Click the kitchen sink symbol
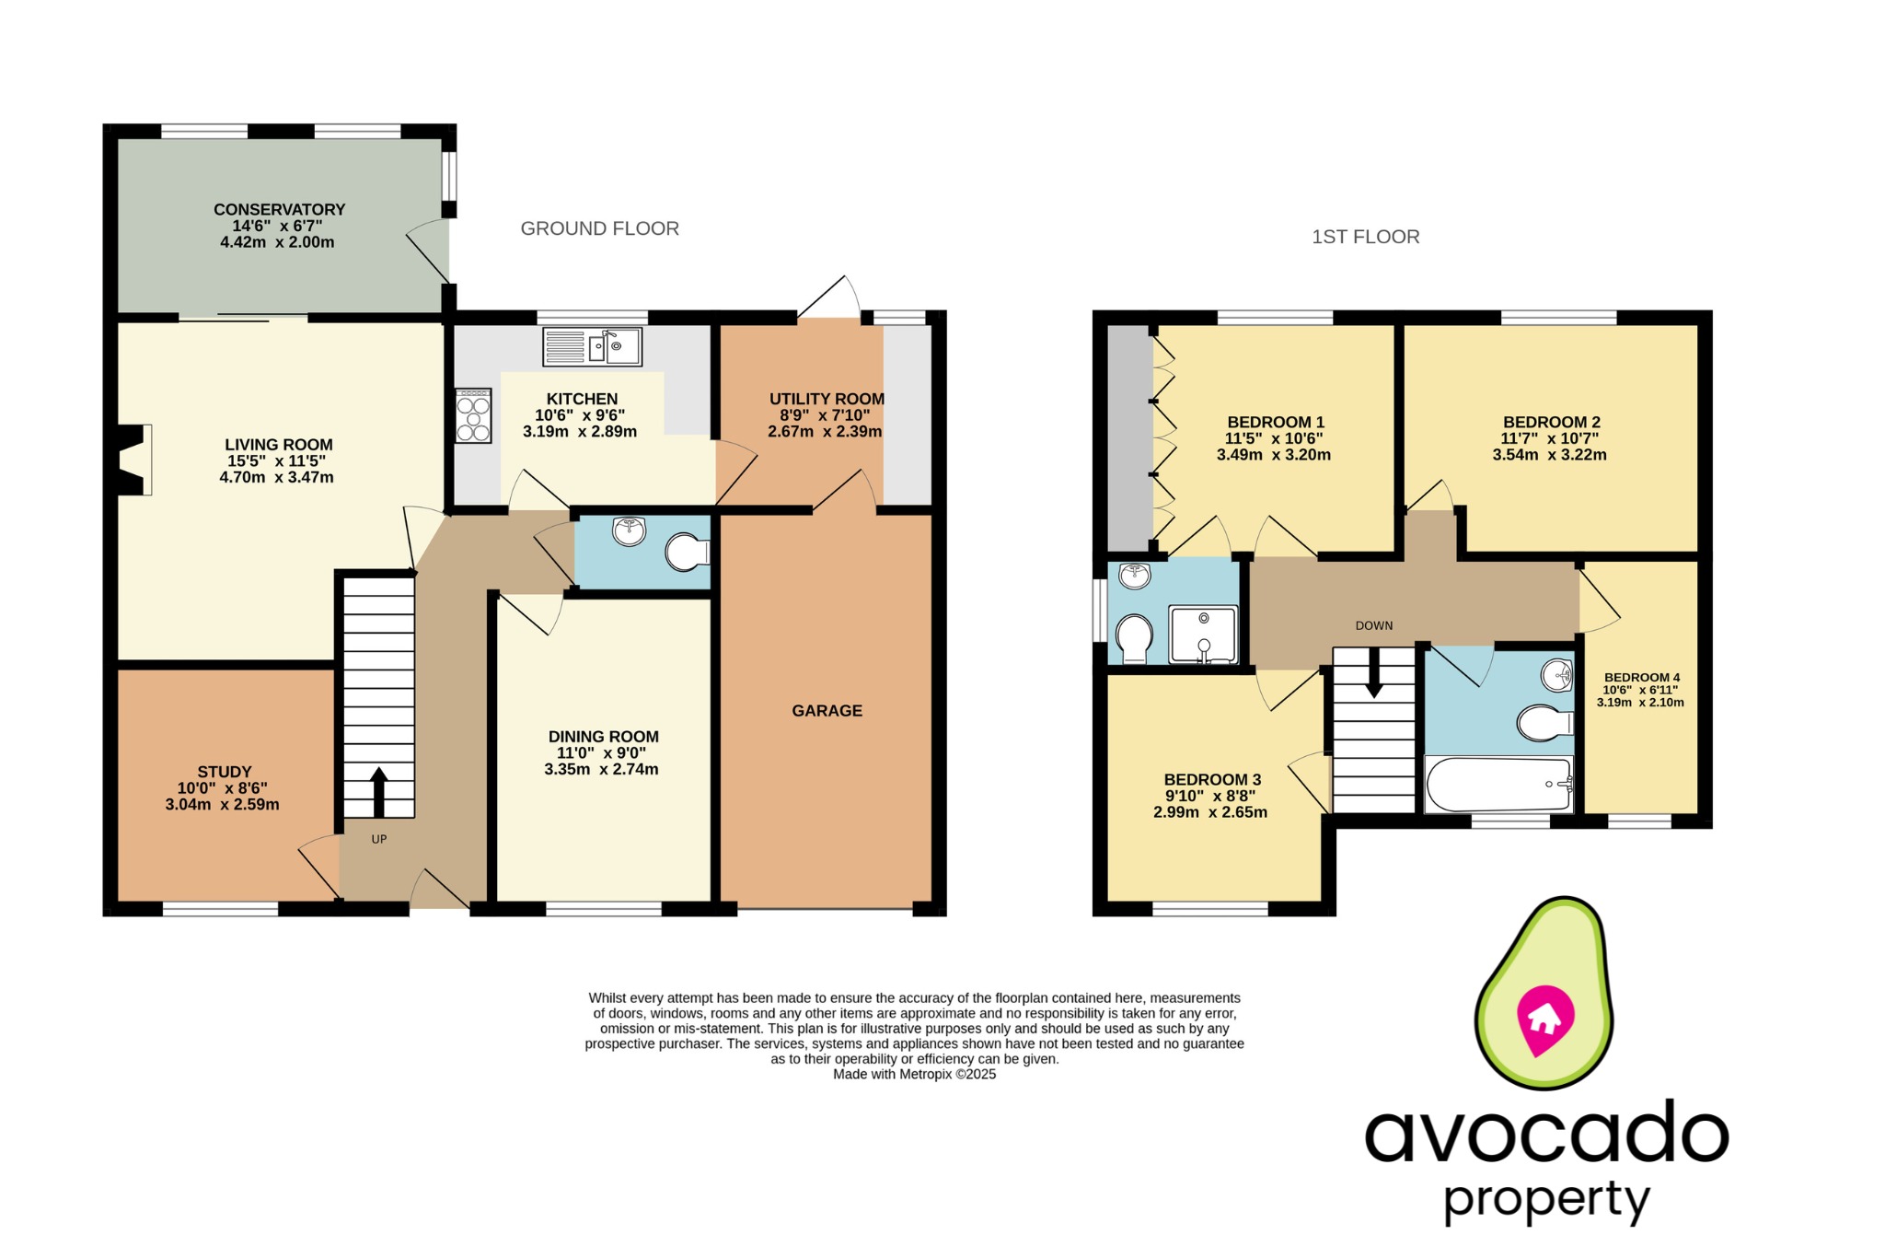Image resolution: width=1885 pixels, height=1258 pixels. click(592, 347)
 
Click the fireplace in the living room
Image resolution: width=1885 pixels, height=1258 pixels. click(134, 460)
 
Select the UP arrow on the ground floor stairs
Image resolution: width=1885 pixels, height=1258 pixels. click(378, 791)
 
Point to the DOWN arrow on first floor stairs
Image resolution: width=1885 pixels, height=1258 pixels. click(1373, 673)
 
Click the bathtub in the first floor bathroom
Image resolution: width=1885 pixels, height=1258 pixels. click(1498, 785)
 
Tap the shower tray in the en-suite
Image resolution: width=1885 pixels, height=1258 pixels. click(1203, 635)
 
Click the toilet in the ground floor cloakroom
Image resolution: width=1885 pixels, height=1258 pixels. click(688, 552)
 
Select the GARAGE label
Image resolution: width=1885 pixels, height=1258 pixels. click(827, 711)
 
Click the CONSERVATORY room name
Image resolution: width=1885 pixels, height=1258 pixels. click(279, 210)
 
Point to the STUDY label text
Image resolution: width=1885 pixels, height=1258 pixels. click(224, 772)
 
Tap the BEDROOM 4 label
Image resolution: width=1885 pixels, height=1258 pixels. click(1641, 677)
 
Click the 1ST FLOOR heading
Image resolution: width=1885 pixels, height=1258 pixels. click(1365, 237)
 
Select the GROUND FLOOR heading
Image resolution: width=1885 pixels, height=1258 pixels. click(599, 228)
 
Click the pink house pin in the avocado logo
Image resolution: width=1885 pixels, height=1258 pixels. click(1545, 1019)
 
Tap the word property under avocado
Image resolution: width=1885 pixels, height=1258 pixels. click(1545, 1200)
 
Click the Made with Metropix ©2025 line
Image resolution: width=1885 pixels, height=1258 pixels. click(914, 1074)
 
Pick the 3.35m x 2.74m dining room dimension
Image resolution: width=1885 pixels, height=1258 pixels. click(601, 769)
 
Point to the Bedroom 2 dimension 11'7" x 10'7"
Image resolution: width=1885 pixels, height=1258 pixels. click(1549, 438)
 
